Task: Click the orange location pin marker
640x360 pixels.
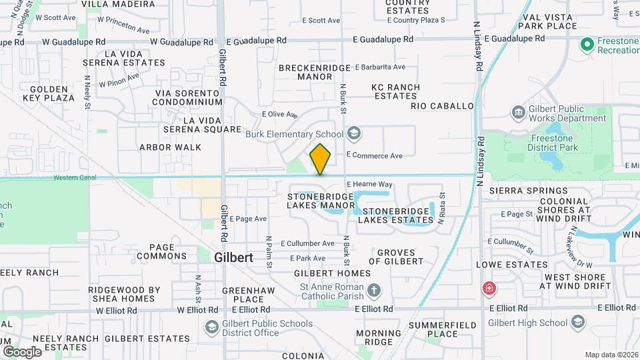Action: [320, 159]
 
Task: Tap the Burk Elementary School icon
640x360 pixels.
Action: [354, 135]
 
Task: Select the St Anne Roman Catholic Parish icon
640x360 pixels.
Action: [375, 291]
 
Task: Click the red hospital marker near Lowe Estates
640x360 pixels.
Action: [489, 288]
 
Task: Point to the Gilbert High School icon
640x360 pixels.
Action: [577, 323]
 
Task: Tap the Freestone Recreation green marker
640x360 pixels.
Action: [587, 45]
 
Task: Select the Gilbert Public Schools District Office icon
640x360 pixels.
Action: [211, 327]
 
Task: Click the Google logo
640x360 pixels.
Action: [22, 351]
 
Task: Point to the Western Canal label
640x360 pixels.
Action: [75, 177]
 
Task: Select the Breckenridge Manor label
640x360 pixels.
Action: [305, 72]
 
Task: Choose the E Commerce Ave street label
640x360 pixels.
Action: [374, 156]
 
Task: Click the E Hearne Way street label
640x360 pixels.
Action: [369, 184]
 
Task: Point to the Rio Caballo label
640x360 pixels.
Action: [442, 106]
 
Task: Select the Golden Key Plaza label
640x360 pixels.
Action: [52, 93]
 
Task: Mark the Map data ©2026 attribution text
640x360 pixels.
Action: [611, 354]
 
